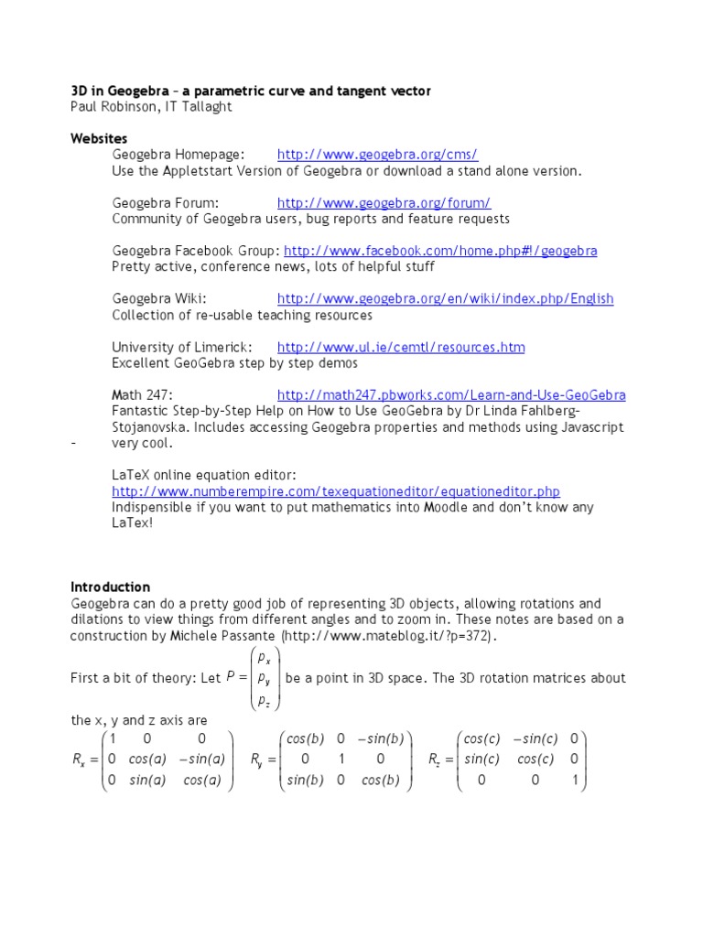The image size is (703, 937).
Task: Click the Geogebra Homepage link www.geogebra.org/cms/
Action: (x=377, y=155)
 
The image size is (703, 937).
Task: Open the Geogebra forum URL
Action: (x=384, y=203)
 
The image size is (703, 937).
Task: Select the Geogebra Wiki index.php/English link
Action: (x=445, y=299)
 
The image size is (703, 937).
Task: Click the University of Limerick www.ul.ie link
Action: (x=400, y=348)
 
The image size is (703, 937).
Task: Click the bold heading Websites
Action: (x=100, y=138)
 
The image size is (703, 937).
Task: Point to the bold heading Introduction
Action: (x=110, y=587)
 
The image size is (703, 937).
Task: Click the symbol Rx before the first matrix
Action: (x=80, y=759)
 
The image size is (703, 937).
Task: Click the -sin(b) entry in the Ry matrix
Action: (x=383, y=738)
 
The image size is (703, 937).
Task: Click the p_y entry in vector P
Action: (x=264, y=679)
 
